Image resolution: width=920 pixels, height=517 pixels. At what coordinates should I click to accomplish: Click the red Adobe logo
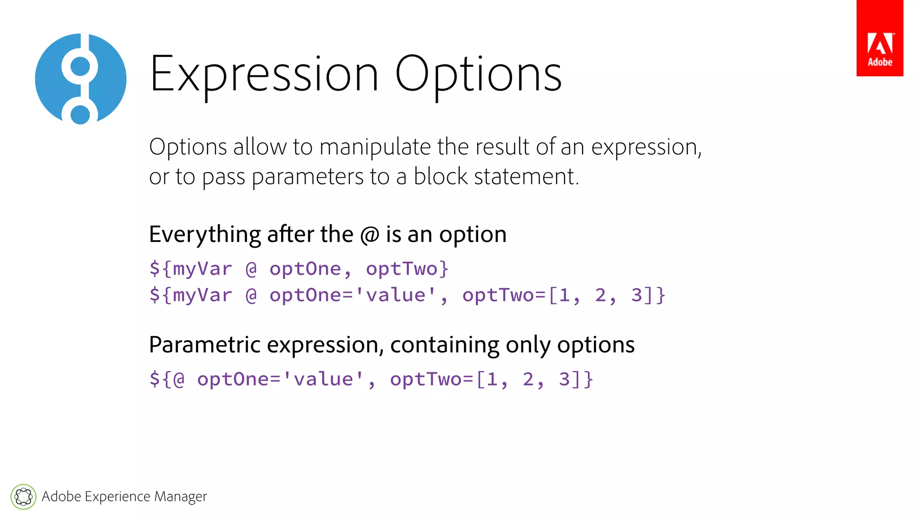pyautogui.click(x=880, y=38)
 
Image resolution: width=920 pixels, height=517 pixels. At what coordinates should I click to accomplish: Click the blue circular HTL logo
pyautogui.click(x=81, y=79)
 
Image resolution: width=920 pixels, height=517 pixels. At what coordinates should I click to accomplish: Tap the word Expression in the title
pyautogui.click(x=264, y=74)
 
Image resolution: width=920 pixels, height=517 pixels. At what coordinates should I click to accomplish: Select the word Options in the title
pyautogui.click(x=478, y=74)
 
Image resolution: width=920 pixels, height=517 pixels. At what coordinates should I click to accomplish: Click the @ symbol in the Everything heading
pyautogui.click(x=370, y=235)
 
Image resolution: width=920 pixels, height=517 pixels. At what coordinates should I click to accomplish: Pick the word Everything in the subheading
pyautogui.click(x=205, y=235)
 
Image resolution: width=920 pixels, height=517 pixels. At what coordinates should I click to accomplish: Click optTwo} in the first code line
pyautogui.click(x=407, y=269)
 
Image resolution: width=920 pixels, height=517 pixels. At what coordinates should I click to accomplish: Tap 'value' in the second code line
pyautogui.click(x=396, y=295)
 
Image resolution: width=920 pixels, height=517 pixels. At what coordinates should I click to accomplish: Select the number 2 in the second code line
pyautogui.click(x=601, y=295)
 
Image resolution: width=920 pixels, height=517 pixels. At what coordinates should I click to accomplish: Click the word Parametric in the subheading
pyautogui.click(x=205, y=345)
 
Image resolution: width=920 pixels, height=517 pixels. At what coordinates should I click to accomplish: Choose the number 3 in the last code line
pyautogui.click(x=564, y=379)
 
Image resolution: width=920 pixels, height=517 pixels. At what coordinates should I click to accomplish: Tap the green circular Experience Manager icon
pyautogui.click(x=23, y=497)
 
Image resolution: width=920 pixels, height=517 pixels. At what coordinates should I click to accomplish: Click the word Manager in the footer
pyautogui.click(x=181, y=497)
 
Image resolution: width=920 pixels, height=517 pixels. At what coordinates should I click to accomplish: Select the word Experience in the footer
pyautogui.click(x=117, y=497)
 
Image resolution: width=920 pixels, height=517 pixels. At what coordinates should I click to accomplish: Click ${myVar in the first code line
pyautogui.click(x=191, y=269)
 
